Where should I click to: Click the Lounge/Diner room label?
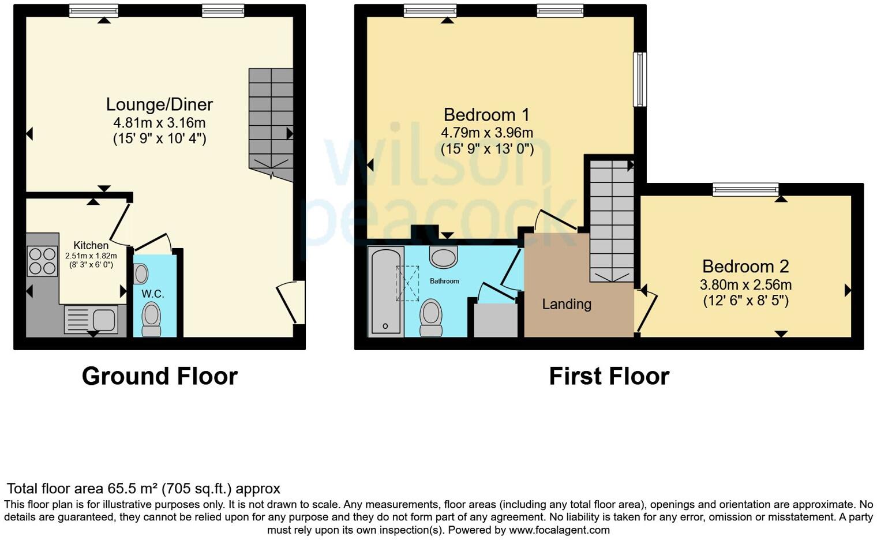pos(159,104)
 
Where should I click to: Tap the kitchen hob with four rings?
pos(42,261)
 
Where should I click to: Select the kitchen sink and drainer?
pos(91,319)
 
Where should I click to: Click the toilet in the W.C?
pos(151,319)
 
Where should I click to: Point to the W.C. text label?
pos(153,294)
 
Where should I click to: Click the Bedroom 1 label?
pos(486,114)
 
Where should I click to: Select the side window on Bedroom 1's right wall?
pos(639,80)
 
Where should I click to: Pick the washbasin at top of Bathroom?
pos(443,257)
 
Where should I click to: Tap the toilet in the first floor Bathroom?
pos(430,317)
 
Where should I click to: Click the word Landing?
pos(567,304)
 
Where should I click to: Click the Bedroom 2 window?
pos(745,189)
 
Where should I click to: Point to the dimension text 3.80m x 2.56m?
pos(745,284)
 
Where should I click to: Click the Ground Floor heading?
pos(160,376)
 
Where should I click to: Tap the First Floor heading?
pos(609,376)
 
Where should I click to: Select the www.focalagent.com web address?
pos(559,530)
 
